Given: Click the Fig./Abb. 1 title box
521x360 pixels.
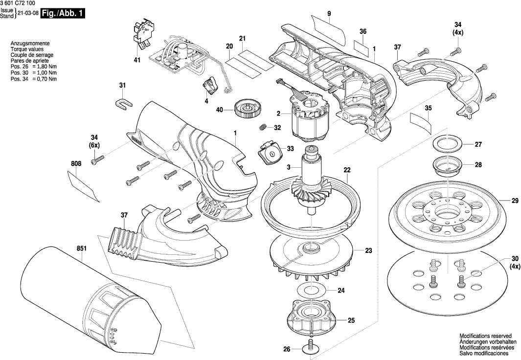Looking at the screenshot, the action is [62, 14].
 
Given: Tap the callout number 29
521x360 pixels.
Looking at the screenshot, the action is [515, 201].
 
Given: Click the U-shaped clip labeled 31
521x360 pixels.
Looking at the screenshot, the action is [124, 104].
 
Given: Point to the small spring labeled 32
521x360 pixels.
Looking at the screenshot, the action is [263, 127].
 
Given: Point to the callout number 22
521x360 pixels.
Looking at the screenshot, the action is [347, 170].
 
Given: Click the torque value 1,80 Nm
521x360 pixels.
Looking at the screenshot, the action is [47, 67].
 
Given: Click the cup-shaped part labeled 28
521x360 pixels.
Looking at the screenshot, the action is [448, 165].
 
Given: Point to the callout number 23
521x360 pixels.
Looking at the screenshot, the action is [368, 251].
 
